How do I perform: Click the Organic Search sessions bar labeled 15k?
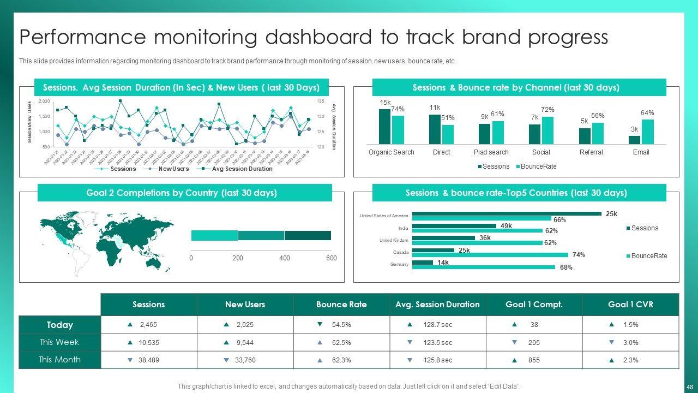pyautogui.click(x=384, y=127)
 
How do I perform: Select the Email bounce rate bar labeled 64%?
pyautogui.click(x=647, y=132)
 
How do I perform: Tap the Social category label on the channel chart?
pyautogui.click(x=541, y=152)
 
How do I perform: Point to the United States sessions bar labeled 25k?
pyautogui.click(x=507, y=213)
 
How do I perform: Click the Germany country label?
pyautogui.click(x=399, y=265)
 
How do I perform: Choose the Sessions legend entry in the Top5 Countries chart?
pyautogui.click(x=644, y=228)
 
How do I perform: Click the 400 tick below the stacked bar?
pyautogui.click(x=285, y=258)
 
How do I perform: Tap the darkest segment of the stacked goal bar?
pyautogui.click(x=308, y=236)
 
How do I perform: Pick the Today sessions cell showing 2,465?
pyautogui.click(x=148, y=325)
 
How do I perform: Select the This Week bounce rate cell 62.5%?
pyautogui.click(x=341, y=343)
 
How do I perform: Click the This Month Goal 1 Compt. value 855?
pyautogui.click(x=534, y=360)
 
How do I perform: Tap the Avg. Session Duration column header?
pyautogui.click(x=437, y=305)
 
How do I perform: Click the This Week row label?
pyautogui.click(x=59, y=342)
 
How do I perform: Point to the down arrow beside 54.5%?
pyautogui.click(x=320, y=325)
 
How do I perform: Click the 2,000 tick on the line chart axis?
pyautogui.click(x=44, y=102)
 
